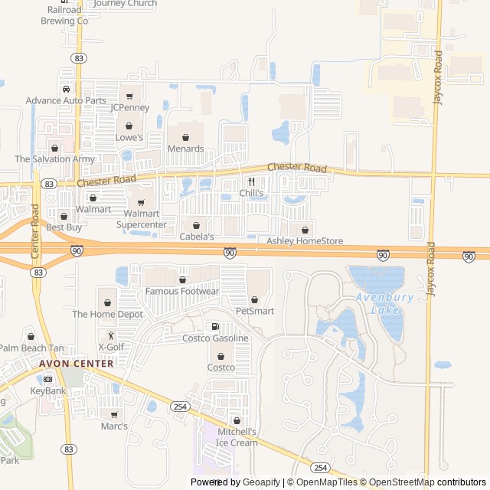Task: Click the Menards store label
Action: coord(185,149)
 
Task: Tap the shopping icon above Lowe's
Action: coord(129,126)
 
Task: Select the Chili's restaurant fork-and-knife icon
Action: coord(251,182)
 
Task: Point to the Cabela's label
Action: coord(197,237)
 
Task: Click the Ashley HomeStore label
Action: coord(305,241)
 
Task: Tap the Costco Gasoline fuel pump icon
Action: coord(215,327)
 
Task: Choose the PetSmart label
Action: coord(255,311)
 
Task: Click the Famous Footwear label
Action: coord(182,292)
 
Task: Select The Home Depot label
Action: coord(108,314)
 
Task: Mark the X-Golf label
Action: coord(110,347)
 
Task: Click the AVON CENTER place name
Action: coord(77,364)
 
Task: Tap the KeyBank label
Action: coord(48,390)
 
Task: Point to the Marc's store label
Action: coord(114,426)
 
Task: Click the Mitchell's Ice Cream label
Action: coord(237,437)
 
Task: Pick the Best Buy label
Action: coord(64,227)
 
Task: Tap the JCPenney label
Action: coord(129,107)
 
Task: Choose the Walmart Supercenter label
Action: coord(141,219)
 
